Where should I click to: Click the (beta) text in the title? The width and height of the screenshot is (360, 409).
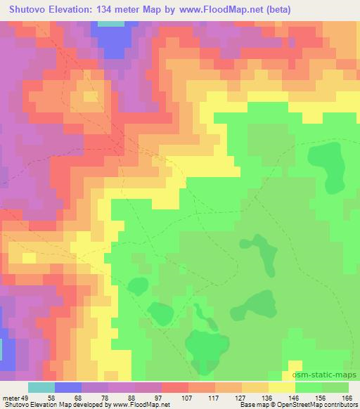pos(266,10)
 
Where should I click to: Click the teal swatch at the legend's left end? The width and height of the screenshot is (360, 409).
pos(41,387)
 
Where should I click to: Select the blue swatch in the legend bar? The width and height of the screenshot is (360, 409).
pos(67,387)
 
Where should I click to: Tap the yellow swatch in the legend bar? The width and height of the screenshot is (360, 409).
pos(281,387)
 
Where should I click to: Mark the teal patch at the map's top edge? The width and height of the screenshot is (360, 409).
pos(109,23)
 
